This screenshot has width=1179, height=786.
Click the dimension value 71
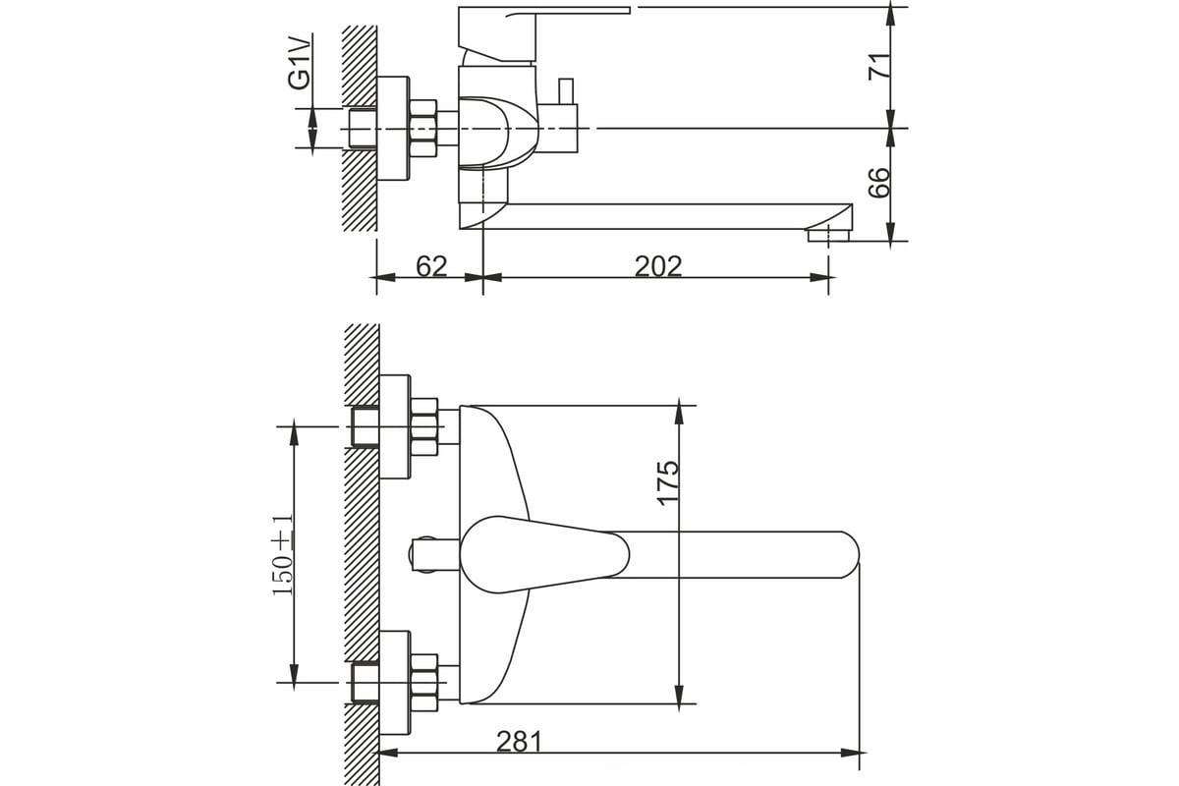click(x=879, y=66)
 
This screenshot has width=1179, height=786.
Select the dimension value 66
click(x=879, y=183)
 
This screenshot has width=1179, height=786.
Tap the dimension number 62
click(x=431, y=266)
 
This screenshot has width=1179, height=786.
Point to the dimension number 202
click(x=658, y=266)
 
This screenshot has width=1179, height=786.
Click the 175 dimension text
click(x=669, y=483)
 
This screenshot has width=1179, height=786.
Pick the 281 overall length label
click(x=519, y=743)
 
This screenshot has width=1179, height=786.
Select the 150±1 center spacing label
click(x=284, y=555)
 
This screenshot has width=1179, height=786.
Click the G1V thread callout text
click(x=299, y=62)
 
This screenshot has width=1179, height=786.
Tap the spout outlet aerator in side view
click(x=828, y=235)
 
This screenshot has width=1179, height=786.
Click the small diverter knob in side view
click(x=566, y=92)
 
